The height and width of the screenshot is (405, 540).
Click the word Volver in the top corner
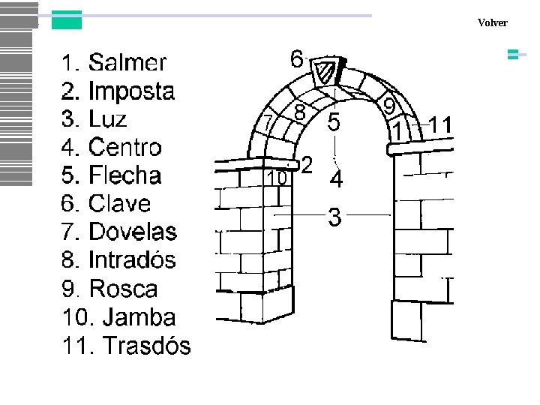coord(492,22)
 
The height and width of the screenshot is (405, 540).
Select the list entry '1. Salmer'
coord(114,62)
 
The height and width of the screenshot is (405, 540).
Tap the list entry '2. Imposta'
coord(118,91)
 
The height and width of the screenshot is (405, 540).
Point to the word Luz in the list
coord(107,119)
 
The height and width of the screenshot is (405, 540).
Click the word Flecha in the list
coord(124,175)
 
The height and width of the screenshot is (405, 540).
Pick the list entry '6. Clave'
coord(106,203)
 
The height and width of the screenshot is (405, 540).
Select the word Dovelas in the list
coord(133,232)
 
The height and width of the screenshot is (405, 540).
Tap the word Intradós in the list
coord(132,260)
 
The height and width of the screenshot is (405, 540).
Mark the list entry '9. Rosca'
coord(109,289)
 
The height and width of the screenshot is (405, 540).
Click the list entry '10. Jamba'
coord(119,317)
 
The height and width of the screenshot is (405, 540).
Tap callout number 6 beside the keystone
coord(297,58)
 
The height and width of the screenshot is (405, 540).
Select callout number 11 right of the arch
coord(442,124)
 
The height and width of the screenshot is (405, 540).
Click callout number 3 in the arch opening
coord(335,218)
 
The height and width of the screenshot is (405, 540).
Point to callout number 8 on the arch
coord(299,112)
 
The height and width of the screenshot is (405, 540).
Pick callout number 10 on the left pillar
coord(277,178)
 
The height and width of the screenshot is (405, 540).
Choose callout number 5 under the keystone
coord(334,121)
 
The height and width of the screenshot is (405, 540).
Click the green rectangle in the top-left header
coord(66,20)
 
